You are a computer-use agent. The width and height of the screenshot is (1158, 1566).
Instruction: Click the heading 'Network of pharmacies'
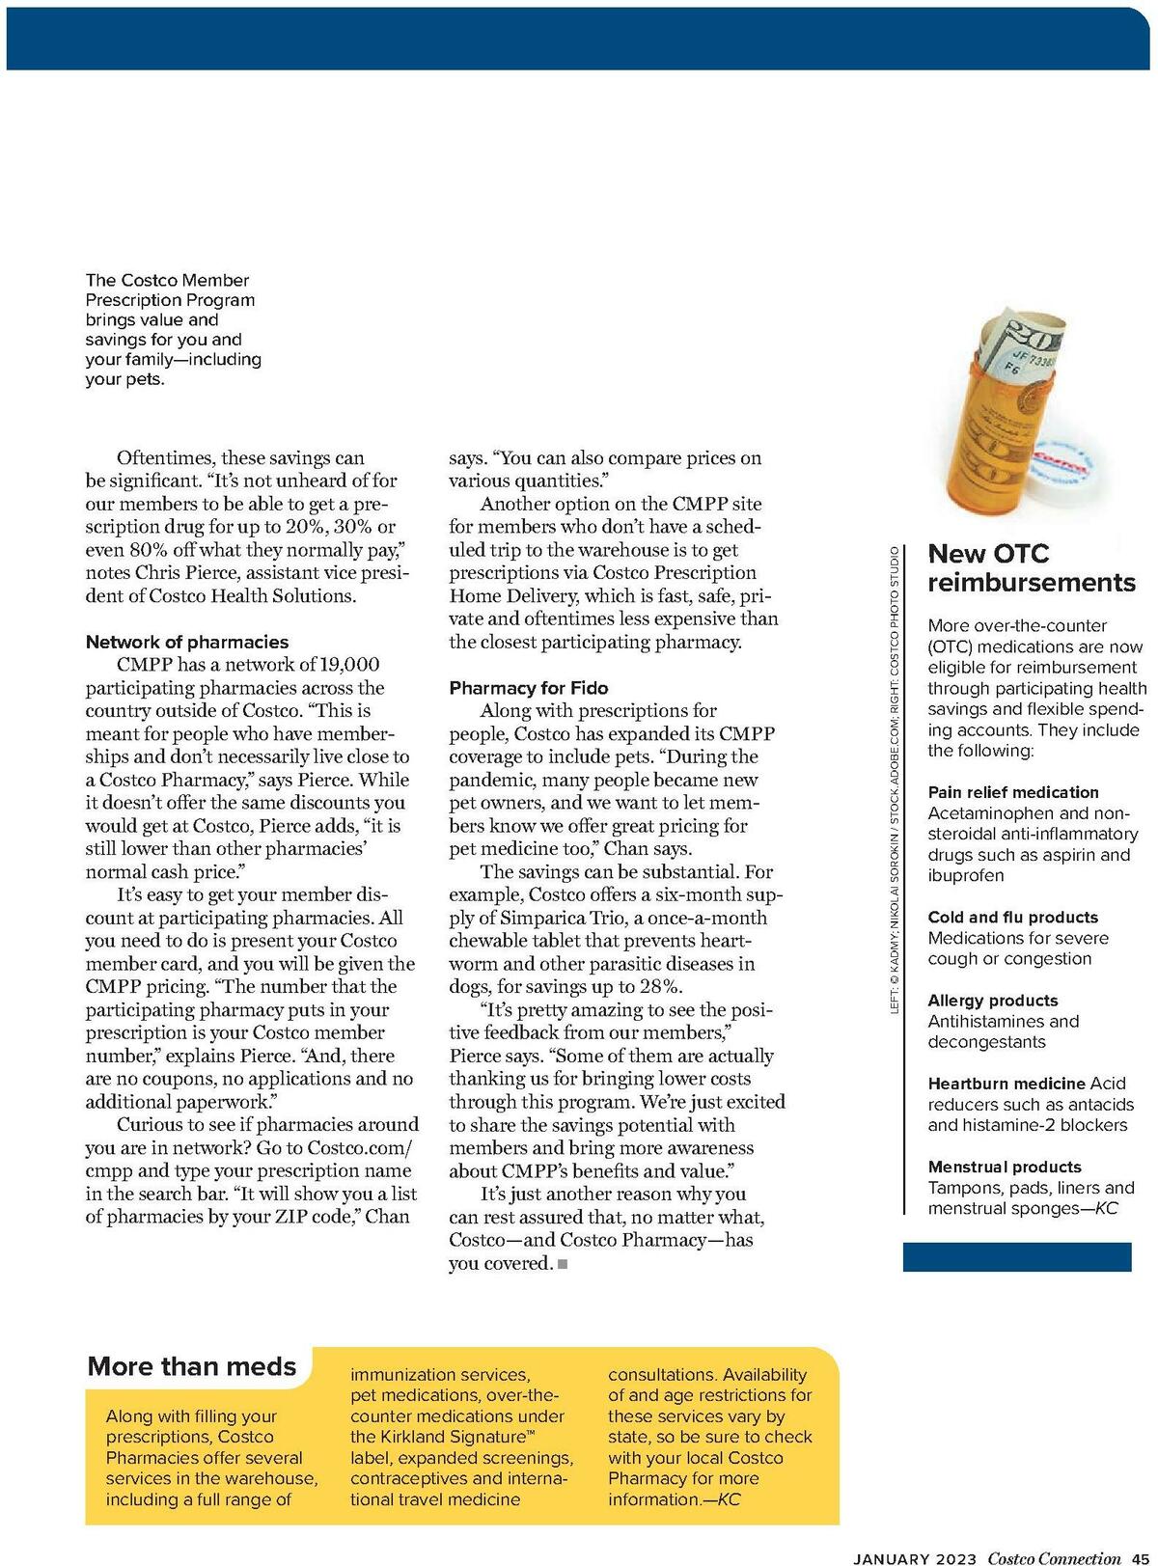click(x=187, y=642)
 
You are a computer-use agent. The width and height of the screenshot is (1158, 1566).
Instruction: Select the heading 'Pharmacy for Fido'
click(x=528, y=688)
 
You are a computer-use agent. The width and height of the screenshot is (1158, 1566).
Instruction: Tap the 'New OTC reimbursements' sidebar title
click(x=1031, y=568)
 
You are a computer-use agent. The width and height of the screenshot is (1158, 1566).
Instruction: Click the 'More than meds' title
click(x=192, y=1366)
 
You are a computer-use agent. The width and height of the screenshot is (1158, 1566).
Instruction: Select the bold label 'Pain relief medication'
click(x=1013, y=792)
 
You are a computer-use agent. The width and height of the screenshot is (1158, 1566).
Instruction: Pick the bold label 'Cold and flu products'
click(x=1012, y=918)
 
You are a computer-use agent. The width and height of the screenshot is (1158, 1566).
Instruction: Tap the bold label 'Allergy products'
click(x=992, y=1001)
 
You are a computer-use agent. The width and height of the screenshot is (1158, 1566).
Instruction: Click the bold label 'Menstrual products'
click(x=1005, y=1168)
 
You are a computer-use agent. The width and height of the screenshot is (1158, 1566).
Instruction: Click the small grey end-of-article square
click(x=563, y=1264)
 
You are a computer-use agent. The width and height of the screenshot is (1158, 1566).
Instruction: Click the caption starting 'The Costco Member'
click(x=173, y=329)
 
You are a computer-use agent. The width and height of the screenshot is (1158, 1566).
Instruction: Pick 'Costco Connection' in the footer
click(x=1054, y=1558)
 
